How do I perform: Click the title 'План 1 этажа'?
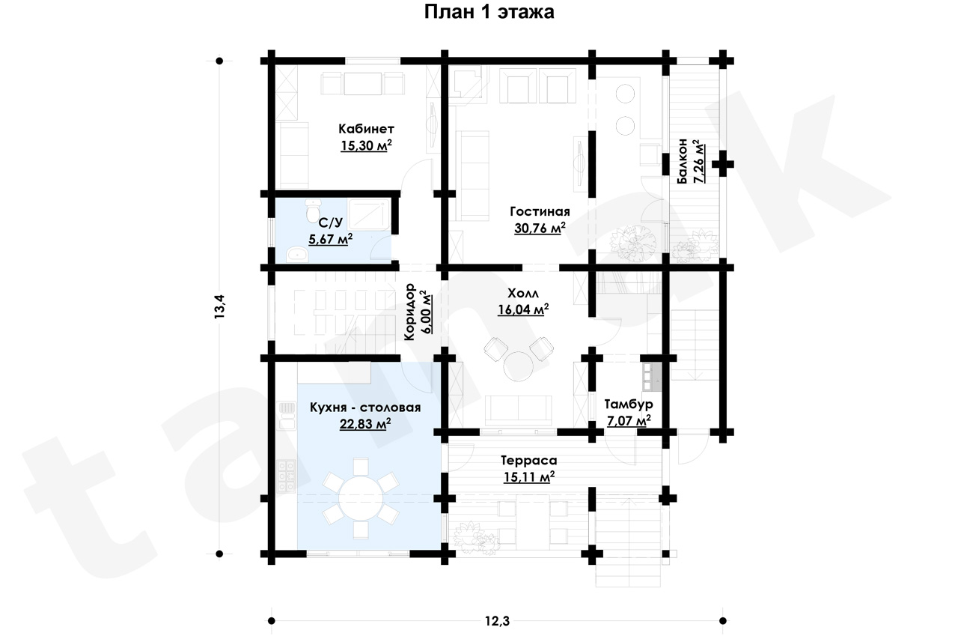point(489,12)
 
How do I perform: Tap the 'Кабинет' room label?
point(367,128)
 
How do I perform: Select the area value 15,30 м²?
point(367,145)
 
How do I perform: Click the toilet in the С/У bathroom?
point(313,211)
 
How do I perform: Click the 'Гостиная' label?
point(540,211)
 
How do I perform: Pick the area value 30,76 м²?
point(540,228)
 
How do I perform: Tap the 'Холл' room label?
point(523,293)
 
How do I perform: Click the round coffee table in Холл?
point(519,366)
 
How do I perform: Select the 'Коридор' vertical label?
point(409,312)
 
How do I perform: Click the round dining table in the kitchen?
point(361,498)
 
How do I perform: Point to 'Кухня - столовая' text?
point(365,408)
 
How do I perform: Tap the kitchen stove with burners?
point(286,476)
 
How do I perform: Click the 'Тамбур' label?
point(629,404)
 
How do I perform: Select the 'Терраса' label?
point(529,461)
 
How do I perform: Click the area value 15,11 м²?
point(529,476)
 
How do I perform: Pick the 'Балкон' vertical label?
point(683,161)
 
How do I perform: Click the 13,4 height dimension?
point(219,306)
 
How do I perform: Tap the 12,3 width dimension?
point(498,620)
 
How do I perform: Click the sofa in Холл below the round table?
point(519,409)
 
